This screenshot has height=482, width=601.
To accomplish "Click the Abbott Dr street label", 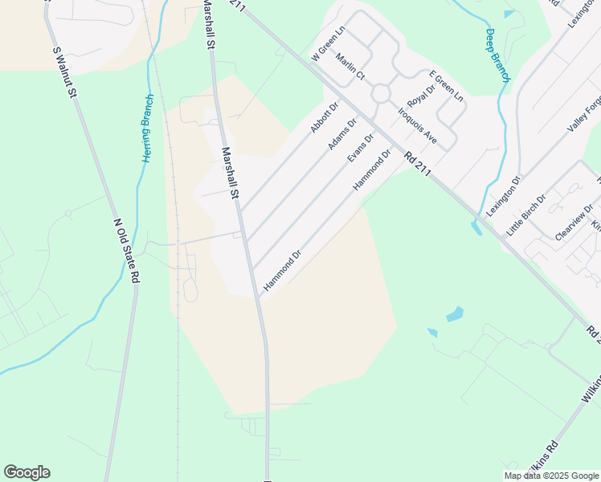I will (x=325, y=117).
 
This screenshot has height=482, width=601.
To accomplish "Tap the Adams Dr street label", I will (x=342, y=134).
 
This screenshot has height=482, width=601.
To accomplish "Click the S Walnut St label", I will (x=64, y=73).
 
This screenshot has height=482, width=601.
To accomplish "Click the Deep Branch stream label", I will (x=497, y=55).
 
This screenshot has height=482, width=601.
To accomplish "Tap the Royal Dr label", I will (x=419, y=96).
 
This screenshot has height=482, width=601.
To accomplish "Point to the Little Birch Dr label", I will (x=526, y=214).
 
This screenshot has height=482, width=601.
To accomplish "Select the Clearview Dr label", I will (x=574, y=222).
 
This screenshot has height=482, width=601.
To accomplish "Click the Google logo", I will (x=27, y=472).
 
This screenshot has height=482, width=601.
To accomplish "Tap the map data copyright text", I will (x=552, y=476).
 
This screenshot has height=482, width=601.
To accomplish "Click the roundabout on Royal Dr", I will (x=380, y=93).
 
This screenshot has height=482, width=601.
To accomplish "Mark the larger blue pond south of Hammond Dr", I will (x=455, y=314).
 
